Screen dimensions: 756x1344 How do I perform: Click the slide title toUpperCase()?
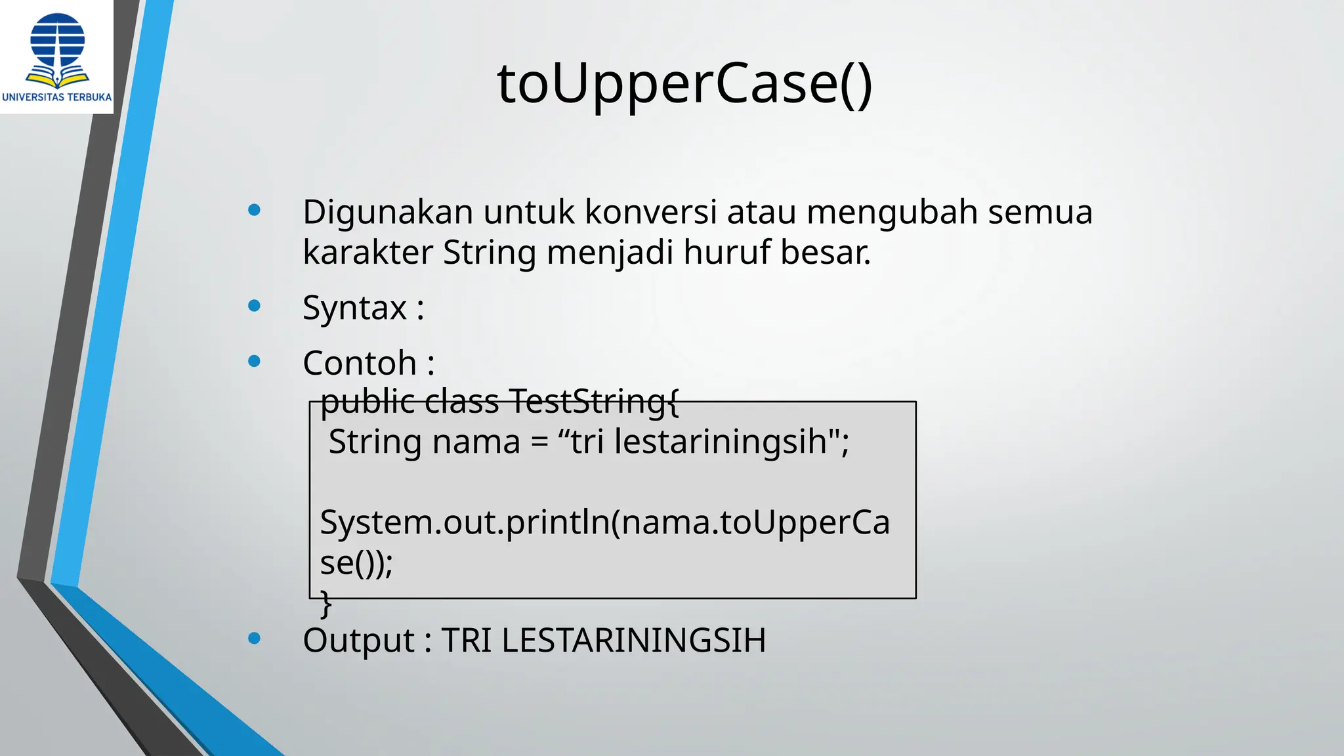[x=684, y=84]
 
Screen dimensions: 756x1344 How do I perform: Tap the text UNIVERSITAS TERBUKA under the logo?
[x=57, y=97]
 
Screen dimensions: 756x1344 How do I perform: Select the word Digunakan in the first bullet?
[x=388, y=213]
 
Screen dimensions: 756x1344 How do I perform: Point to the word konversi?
[x=650, y=213]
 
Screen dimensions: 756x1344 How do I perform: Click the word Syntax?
[x=355, y=308]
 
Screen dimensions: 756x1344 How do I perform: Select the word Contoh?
[x=360, y=364]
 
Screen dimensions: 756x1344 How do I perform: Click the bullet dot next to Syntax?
[x=255, y=306]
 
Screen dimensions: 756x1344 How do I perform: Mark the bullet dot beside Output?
[x=255, y=639]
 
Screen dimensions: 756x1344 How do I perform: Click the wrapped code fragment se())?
[x=356, y=563]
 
